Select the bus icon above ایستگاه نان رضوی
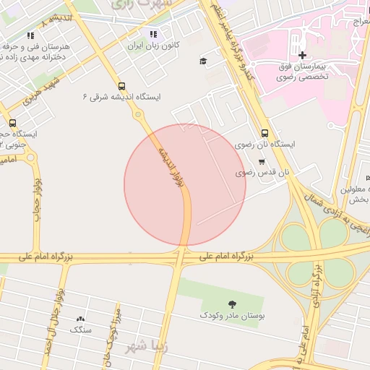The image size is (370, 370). coord(265,133)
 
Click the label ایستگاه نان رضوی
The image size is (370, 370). coord(271,145)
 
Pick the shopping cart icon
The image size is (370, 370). coord(262,162)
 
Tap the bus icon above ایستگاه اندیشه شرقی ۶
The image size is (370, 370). coord(121,85)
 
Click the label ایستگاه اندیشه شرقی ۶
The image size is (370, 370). coord(121,96)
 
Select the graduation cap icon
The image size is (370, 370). coord(203,61)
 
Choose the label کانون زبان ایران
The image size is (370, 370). coord(152,45)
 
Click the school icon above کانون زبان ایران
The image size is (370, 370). coord(152,34)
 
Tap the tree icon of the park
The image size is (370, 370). coord(232,304)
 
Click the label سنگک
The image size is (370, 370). coord(80,330)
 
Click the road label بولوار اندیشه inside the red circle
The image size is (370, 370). coord(171,168)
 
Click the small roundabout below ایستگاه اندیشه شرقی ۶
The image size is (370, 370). coord(137,114)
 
